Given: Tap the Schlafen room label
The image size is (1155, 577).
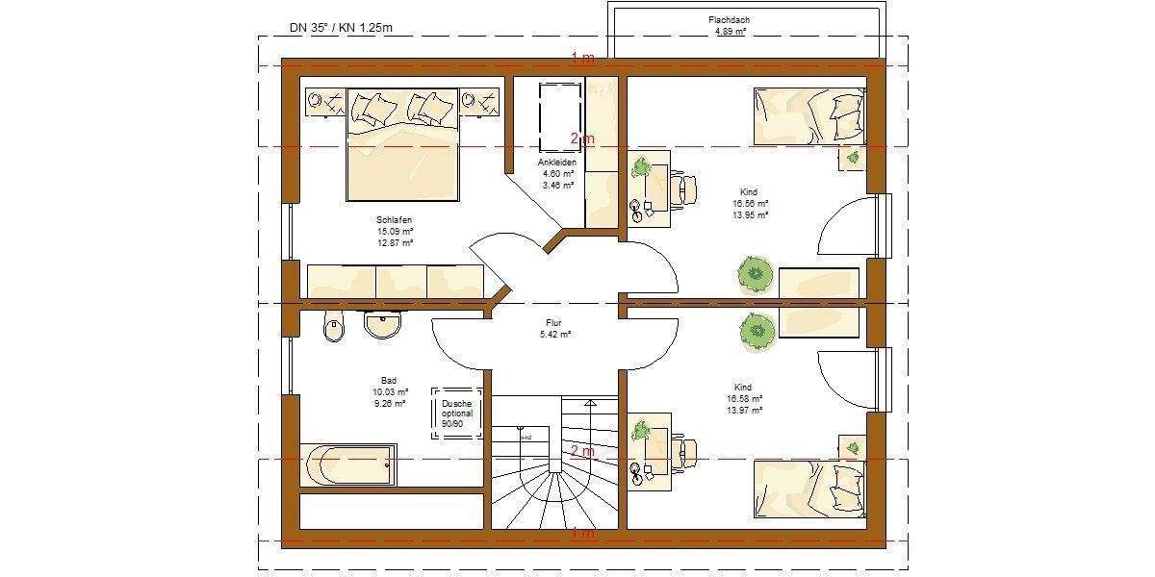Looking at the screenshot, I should (395, 220).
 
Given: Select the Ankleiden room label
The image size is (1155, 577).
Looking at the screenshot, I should (558, 163).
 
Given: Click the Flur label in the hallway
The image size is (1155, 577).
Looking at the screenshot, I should (555, 323).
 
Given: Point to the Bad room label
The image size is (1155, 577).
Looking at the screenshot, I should (389, 380).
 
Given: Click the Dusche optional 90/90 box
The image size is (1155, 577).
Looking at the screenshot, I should (457, 414).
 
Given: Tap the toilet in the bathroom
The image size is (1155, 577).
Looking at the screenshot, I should (333, 328).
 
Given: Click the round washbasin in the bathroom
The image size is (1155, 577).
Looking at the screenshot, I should (383, 326).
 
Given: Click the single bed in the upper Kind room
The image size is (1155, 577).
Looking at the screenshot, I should (808, 114).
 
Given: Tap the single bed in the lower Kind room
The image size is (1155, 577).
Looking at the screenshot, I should (808, 488).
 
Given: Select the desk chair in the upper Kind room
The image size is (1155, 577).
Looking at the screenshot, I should (685, 187).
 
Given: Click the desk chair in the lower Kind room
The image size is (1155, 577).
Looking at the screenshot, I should (685, 450).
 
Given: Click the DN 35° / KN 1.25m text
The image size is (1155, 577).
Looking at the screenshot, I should (341, 28).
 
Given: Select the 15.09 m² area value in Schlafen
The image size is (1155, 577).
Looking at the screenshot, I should (395, 232).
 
